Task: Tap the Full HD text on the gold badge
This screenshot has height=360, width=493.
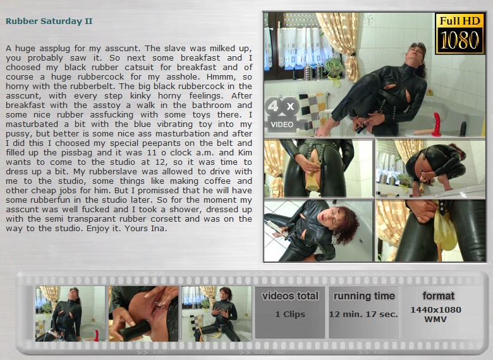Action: tap(460, 21)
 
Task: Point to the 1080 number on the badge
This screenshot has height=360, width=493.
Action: tap(460, 40)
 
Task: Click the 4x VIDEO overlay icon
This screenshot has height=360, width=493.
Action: tap(282, 114)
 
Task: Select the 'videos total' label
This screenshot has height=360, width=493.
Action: tap(290, 296)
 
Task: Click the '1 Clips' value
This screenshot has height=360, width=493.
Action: tap(290, 314)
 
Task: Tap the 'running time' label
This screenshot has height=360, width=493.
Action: tap(364, 296)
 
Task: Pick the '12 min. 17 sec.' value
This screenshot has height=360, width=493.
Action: tap(363, 314)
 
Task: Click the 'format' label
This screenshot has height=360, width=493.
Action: tap(438, 296)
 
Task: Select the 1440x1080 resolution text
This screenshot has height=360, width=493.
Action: tap(435, 309)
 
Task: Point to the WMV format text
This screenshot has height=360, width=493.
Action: tap(435, 319)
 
